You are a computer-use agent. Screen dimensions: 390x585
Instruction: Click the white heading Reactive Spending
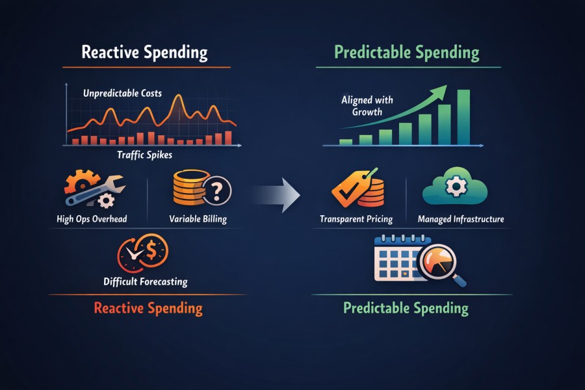(x=144, y=53)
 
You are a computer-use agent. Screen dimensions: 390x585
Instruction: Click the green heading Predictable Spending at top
(x=407, y=53)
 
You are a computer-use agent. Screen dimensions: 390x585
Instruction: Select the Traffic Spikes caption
(x=144, y=155)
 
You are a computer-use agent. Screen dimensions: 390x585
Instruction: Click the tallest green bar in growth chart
(x=463, y=117)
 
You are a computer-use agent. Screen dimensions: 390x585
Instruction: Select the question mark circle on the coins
(x=217, y=190)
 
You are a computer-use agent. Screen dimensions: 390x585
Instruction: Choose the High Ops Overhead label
(x=92, y=219)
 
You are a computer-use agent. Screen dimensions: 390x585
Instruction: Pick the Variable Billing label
(x=198, y=219)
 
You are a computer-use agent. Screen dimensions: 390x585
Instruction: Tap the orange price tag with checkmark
(x=351, y=188)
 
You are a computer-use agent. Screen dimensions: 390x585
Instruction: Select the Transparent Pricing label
(x=356, y=219)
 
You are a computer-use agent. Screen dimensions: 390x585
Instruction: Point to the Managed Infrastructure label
(x=461, y=219)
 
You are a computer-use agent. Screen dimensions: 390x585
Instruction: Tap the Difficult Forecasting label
(x=146, y=281)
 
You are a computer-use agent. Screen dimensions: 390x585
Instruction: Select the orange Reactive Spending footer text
(x=148, y=308)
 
